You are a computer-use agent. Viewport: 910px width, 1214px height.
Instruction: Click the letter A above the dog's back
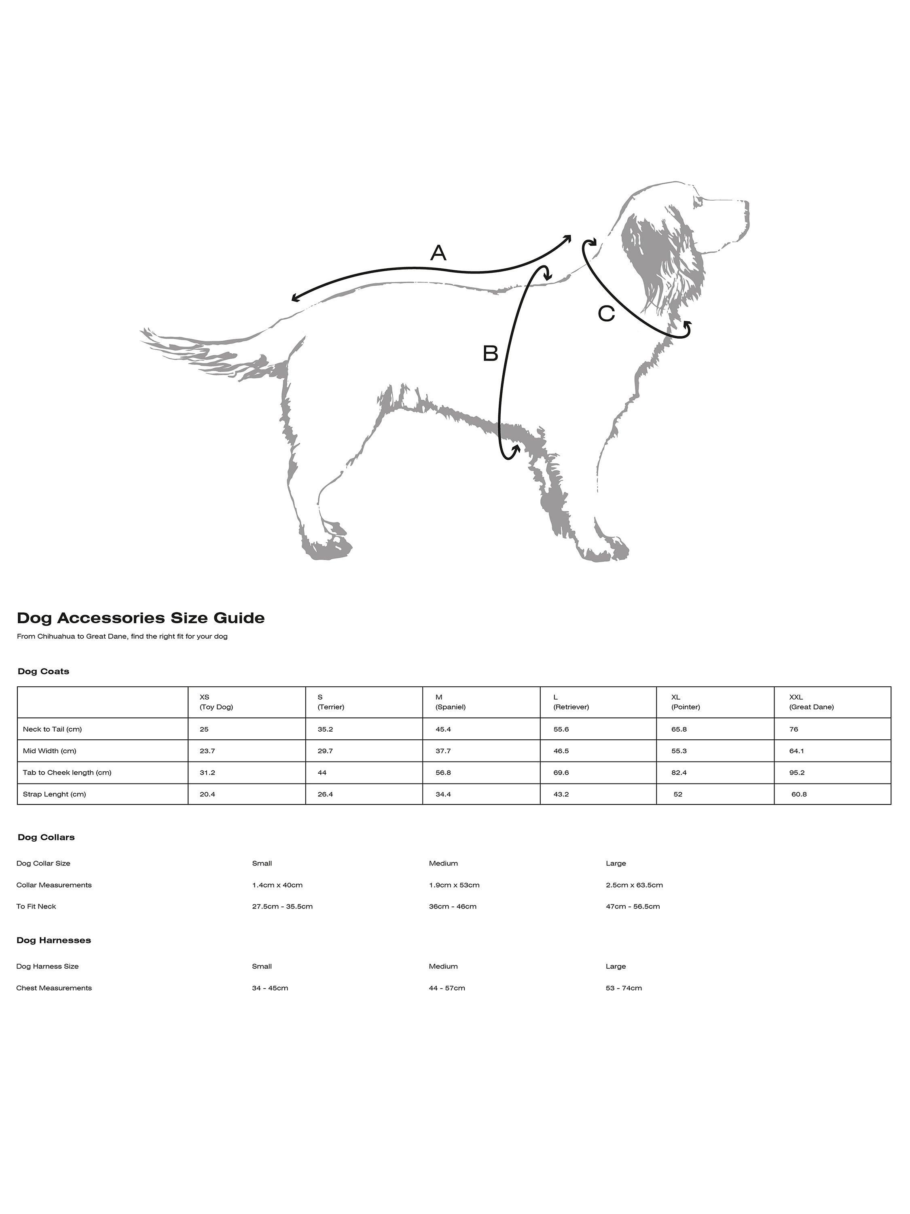pos(438,253)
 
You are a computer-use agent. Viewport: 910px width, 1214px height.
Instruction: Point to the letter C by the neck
pos(606,314)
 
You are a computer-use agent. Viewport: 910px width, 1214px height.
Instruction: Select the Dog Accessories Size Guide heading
pos(141,618)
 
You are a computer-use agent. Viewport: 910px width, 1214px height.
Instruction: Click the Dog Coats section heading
pos(43,671)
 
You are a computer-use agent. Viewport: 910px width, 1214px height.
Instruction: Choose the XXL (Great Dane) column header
pos(811,702)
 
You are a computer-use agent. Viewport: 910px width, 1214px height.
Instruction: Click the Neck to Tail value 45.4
pos(443,729)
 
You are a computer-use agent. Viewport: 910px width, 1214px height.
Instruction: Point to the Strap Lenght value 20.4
pos(207,794)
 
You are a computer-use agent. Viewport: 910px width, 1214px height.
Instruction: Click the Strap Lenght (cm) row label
pos(54,794)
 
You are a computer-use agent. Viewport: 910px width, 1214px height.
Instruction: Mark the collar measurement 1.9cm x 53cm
pos(454,885)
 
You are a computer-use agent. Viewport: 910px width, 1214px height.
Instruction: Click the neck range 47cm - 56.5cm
pos(633,906)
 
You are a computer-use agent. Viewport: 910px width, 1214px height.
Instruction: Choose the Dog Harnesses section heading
pos(54,940)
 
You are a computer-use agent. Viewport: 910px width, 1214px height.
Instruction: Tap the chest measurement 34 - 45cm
pos(270,988)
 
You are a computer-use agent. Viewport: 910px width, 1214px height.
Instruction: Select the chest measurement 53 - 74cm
pos(624,988)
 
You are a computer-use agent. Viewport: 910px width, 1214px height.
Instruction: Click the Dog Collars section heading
pos(46,837)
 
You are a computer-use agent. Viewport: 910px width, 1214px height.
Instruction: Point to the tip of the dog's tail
pos(144,331)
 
